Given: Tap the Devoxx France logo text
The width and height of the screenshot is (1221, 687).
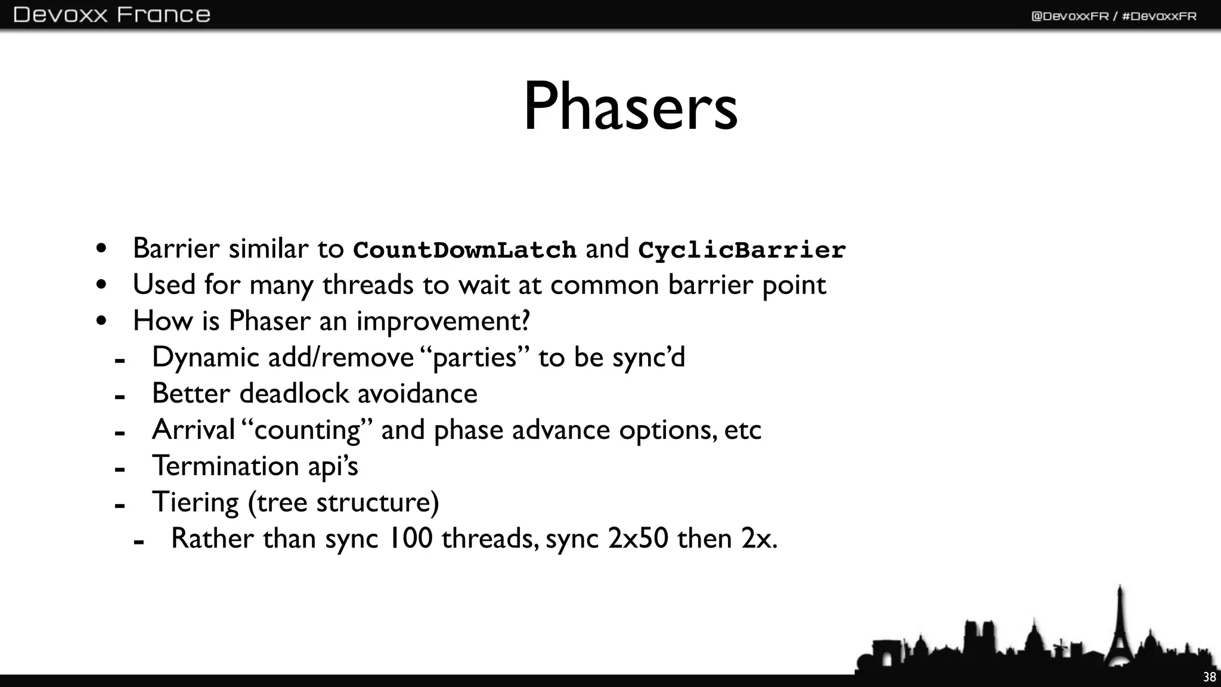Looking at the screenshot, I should coord(111,14).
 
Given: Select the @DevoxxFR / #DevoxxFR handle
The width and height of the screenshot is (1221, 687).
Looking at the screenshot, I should coord(1114,16).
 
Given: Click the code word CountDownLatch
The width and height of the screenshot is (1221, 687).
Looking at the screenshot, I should coord(464,250).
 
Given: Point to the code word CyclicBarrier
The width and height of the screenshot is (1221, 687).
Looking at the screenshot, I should coord(742,250).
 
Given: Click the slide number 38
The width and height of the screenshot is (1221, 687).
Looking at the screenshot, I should coord(1209,677).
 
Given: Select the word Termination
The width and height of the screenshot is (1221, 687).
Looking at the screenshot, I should coord(225,466).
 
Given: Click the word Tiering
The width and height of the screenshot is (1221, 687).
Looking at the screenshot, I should coord(195,503).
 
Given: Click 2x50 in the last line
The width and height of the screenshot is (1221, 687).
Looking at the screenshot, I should coord(638,539).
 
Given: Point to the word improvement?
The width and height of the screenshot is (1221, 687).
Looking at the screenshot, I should coord(443,321).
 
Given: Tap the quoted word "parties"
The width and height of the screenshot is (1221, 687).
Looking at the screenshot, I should coord(475,358).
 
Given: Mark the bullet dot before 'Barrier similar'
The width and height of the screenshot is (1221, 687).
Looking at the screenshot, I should coord(101,249).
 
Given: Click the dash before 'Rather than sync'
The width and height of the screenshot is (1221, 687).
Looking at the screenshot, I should coord(139,542).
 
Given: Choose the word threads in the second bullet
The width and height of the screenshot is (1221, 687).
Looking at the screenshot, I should coord(368,285).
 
